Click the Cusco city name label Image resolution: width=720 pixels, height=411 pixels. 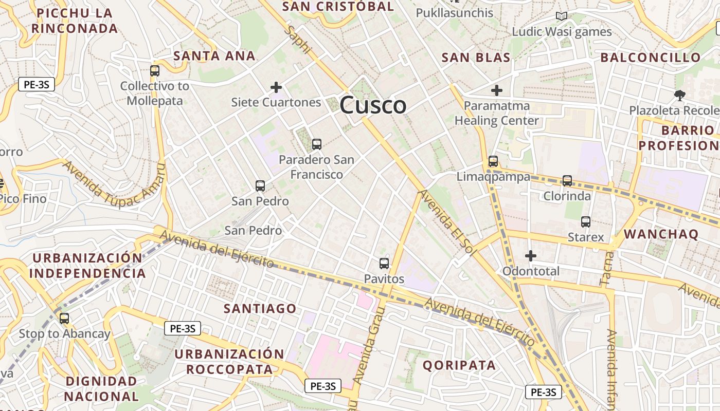(x=373, y=106)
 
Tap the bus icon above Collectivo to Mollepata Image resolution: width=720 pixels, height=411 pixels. (x=155, y=71)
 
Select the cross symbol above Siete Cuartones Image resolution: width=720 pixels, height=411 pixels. (x=276, y=87)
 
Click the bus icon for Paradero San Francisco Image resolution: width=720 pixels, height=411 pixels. (x=317, y=144)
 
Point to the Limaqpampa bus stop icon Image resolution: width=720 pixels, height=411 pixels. (x=493, y=161)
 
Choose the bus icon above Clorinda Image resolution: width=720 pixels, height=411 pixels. (x=567, y=181)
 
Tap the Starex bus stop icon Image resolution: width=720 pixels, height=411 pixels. (x=586, y=222)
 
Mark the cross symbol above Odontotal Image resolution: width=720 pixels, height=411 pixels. (x=531, y=255)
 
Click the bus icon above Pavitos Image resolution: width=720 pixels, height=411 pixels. (x=384, y=264)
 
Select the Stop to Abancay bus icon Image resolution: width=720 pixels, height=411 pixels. (x=64, y=319)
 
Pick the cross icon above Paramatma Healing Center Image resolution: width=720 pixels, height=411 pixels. (x=496, y=90)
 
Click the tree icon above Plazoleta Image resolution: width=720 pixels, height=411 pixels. (x=680, y=95)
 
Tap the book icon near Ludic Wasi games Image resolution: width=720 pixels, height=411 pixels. (x=562, y=16)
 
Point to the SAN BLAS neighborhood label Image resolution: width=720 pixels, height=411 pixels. (x=476, y=58)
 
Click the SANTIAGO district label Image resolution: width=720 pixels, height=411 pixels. (x=260, y=309)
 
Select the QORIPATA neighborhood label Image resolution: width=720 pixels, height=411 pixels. (x=459, y=366)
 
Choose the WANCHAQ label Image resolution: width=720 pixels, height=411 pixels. (x=661, y=234)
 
